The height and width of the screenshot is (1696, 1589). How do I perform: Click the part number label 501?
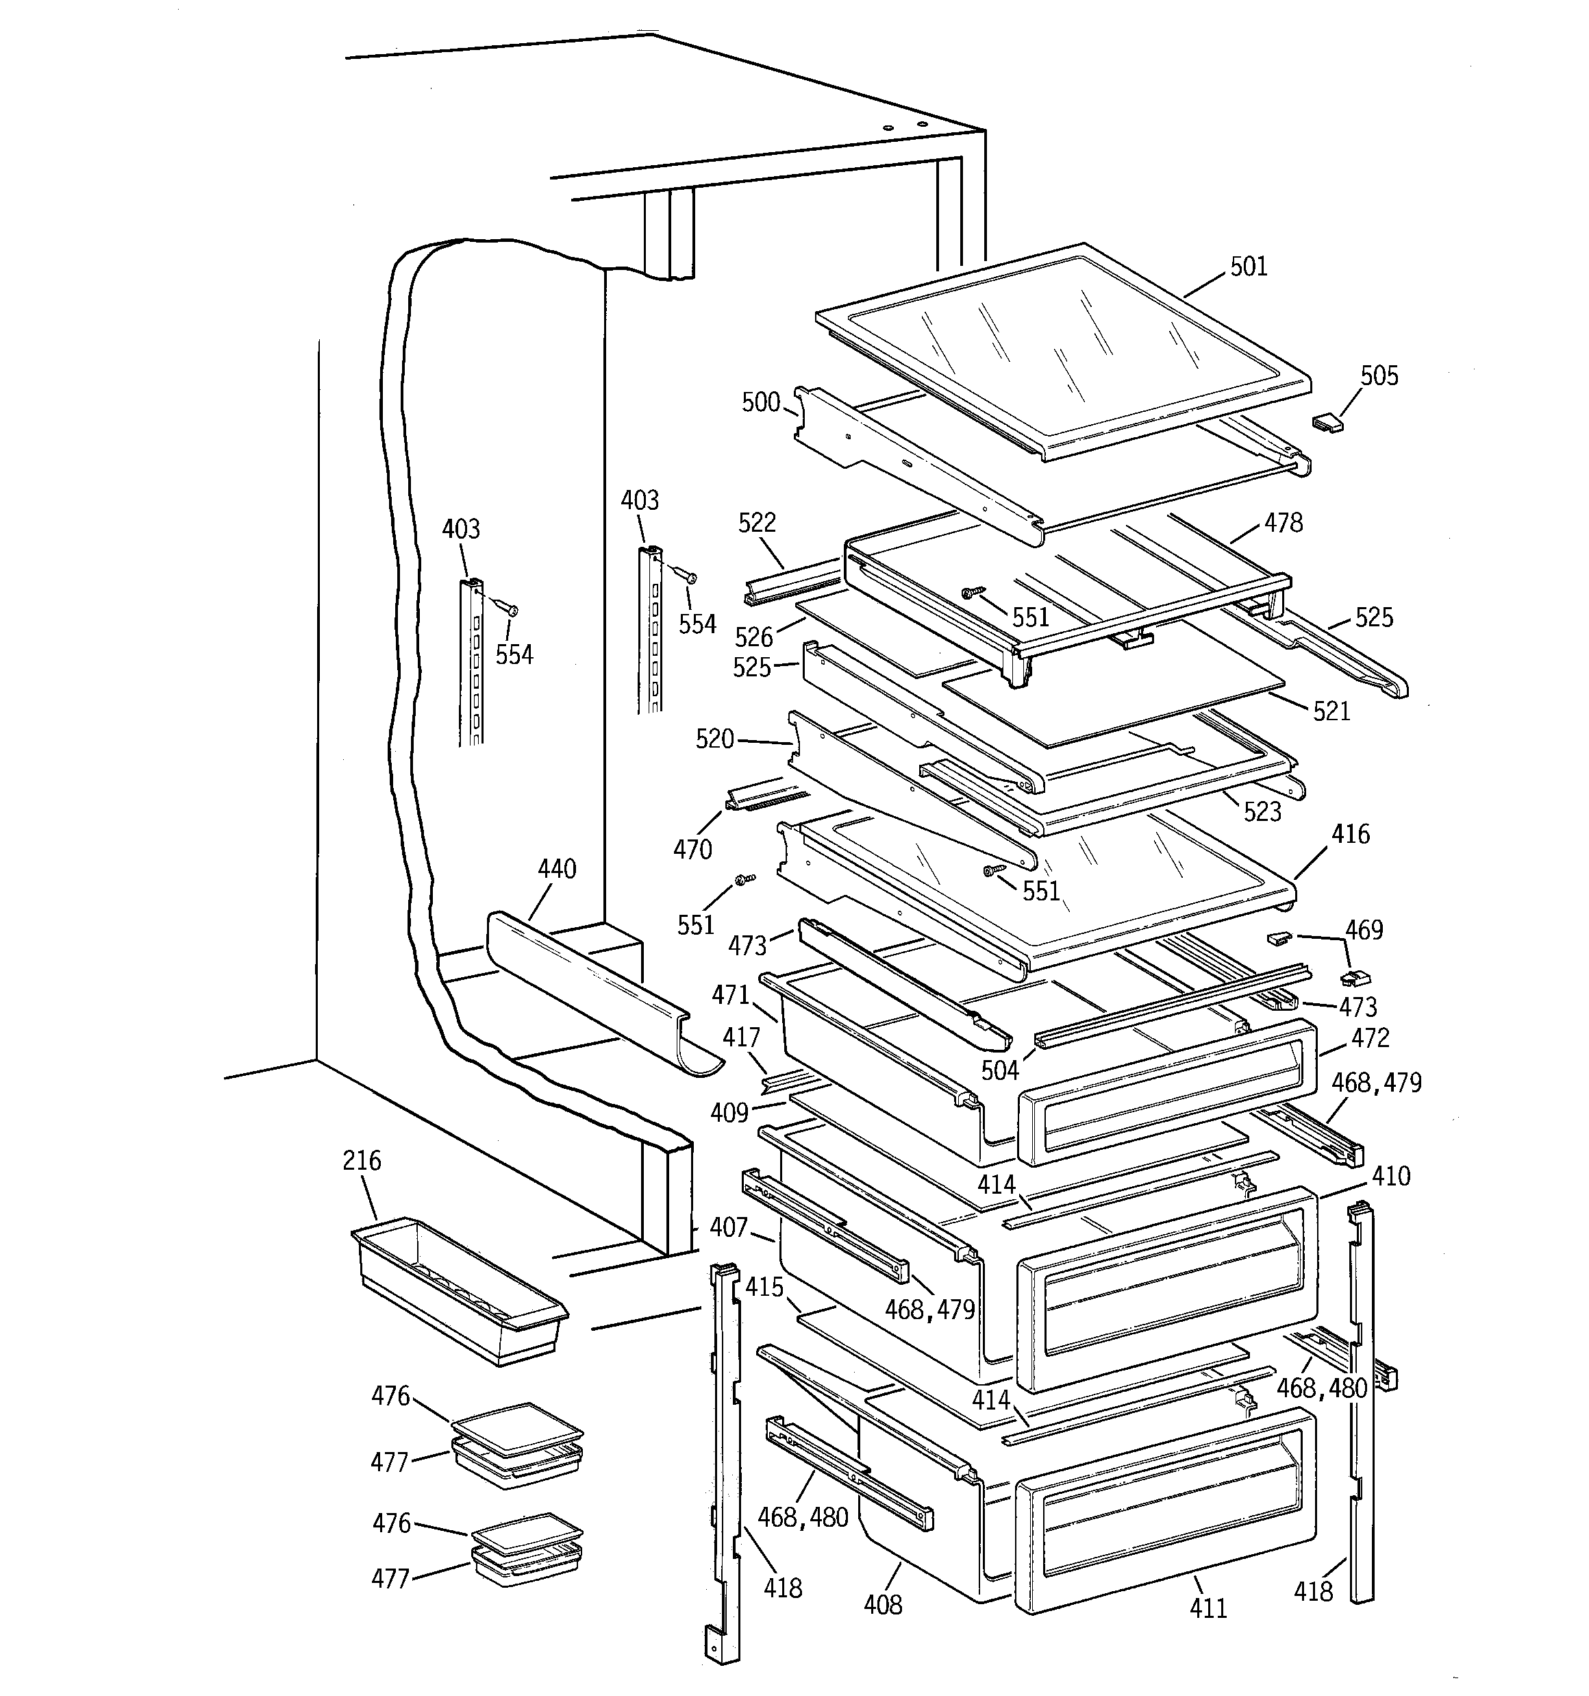1249,267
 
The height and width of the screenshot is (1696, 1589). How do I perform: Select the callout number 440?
557,870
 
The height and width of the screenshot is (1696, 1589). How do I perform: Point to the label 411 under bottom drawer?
1208,1608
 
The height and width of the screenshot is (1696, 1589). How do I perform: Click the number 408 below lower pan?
883,1605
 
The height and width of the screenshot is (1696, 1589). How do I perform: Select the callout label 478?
1284,522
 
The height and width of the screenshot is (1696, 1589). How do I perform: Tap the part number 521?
1331,711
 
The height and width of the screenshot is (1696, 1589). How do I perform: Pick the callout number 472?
1371,1037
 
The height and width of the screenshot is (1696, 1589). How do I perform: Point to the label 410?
1391,1176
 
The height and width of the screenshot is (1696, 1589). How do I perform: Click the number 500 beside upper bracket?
761,402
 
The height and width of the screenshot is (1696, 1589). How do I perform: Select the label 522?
758,522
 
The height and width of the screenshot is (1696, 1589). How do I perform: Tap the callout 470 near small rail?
692,849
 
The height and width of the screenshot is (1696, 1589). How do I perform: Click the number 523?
1262,811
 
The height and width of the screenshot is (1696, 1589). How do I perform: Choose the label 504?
999,1070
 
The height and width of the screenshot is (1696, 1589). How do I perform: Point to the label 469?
1364,930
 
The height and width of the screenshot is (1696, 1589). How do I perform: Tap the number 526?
754,637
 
